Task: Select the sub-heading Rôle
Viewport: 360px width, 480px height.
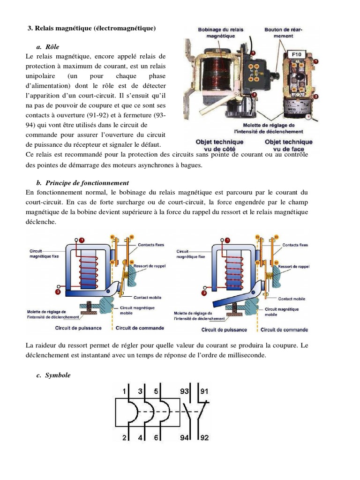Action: pos(52,47)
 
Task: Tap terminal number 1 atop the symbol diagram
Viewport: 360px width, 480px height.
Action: pos(124,391)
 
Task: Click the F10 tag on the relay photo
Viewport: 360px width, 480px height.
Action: pos(297,55)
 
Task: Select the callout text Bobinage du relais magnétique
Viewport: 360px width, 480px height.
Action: pos(220,32)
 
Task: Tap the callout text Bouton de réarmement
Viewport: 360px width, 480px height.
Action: pos(283,32)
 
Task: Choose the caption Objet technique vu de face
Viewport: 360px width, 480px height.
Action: pos(288,145)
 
